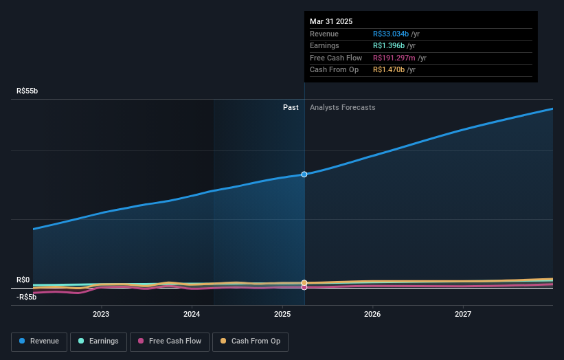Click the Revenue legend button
point(39,341)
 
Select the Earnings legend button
point(98,341)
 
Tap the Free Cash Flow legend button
point(169,341)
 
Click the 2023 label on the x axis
point(101,314)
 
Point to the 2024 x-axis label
point(192,314)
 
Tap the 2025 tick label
point(282,314)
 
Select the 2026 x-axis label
point(372,314)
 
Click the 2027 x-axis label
point(463,314)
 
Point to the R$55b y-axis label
point(28,91)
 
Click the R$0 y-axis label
point(24,280)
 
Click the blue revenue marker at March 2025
point(304,175)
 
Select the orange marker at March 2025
point(304,283)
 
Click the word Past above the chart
point(291,107)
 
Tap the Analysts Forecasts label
point(342,107)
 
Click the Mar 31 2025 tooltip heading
point(331,21)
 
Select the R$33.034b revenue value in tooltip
point(391,34)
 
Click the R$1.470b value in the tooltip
point(389,70)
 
